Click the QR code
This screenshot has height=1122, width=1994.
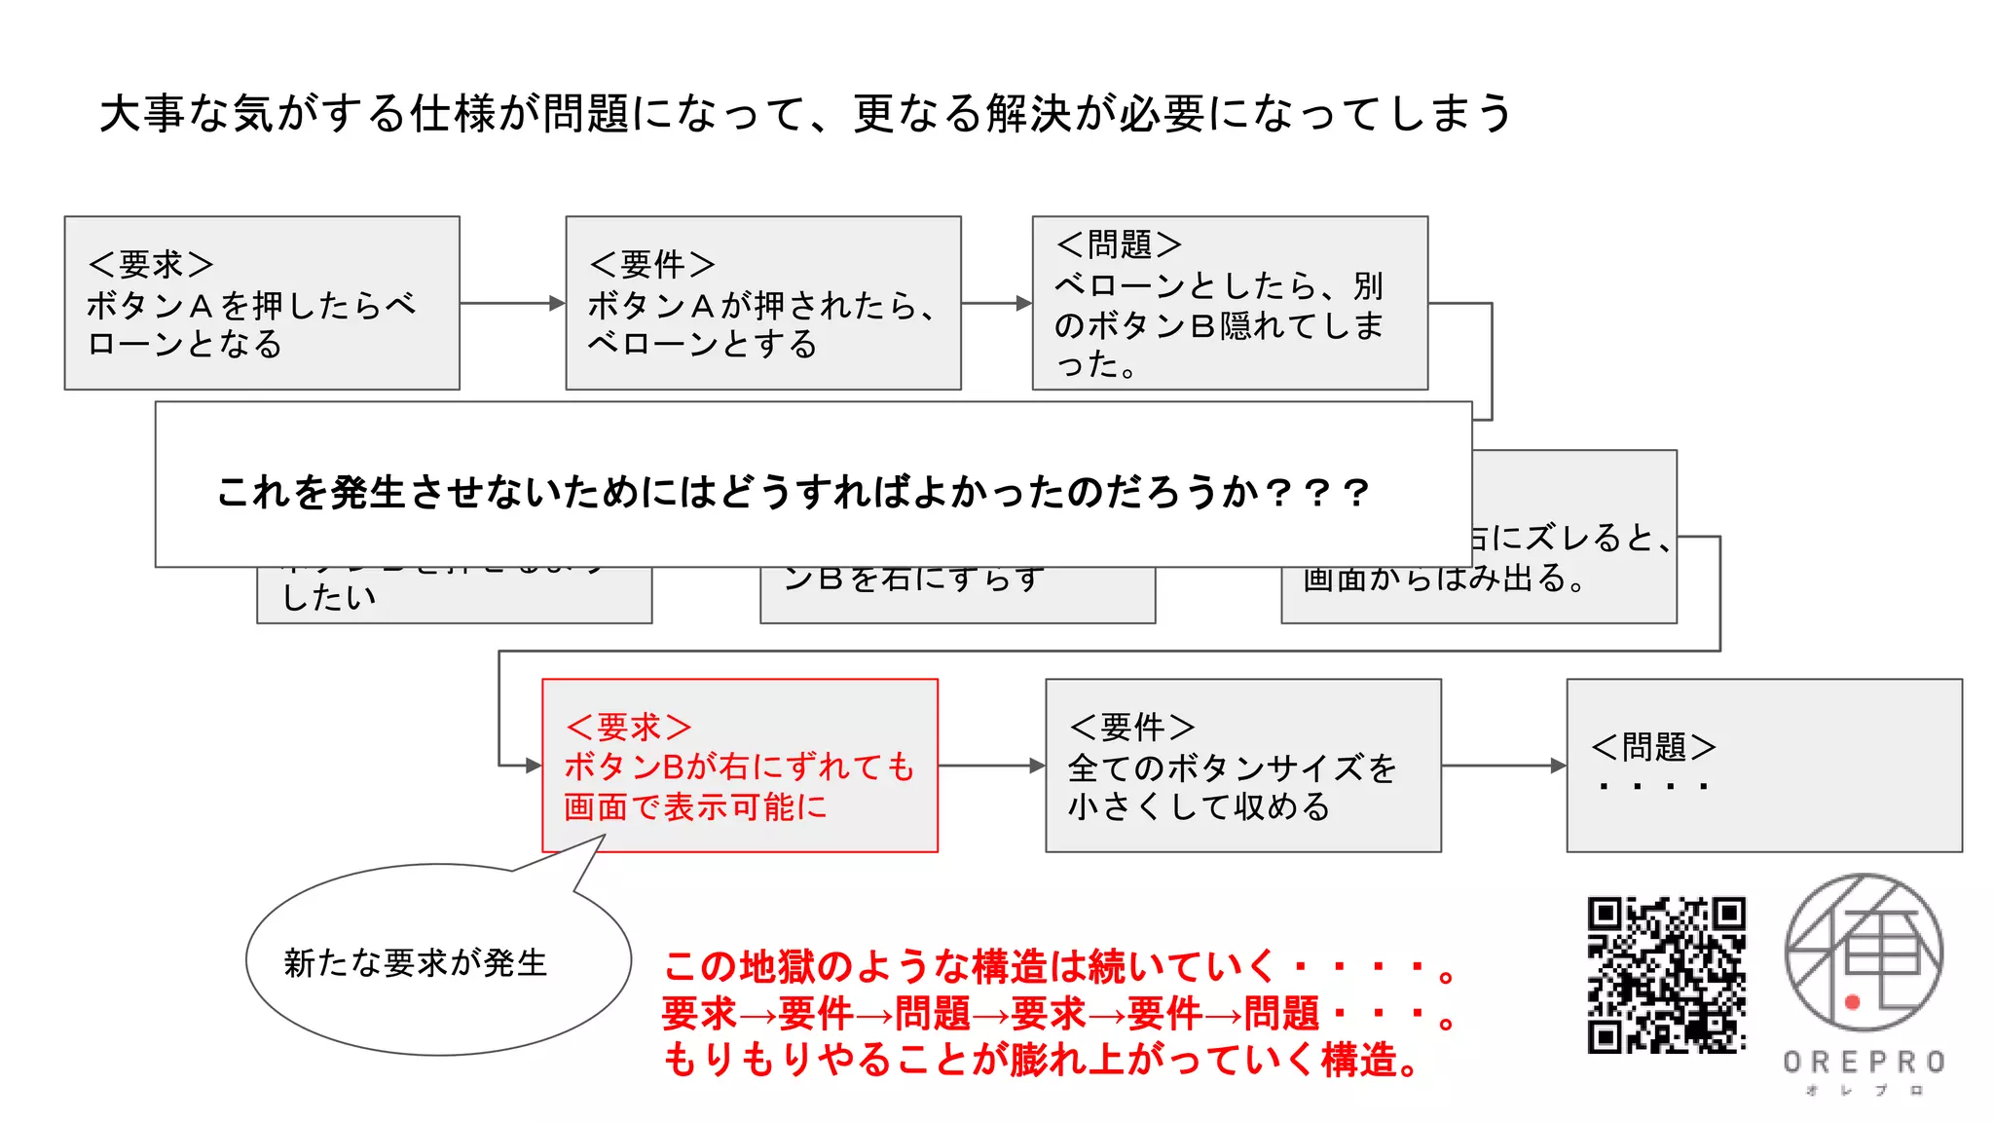pyautogui.click(x=1666, y=974)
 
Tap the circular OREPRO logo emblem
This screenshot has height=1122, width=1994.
pyautogui.click(x=1864, y=952)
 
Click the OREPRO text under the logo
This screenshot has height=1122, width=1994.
pyautogui.click(x=1864, y=1062)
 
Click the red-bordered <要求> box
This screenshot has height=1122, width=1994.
pyautogui.click(x=740, y=766)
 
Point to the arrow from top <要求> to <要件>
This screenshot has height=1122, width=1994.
pyautogui.click(x=512, y=304)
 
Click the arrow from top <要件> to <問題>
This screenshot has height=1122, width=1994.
pyautogui.click(x=996, y=304)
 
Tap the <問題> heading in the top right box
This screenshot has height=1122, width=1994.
pyautogui.click(x=1119, y=244)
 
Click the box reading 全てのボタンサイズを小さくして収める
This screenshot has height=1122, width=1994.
pyautogui.click(x=1242, y=766)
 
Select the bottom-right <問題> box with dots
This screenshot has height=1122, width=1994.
pyautogui.click(x=1763, y=766)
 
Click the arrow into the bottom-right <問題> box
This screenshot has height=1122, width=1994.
pyautogui.click(x=1503, y=766)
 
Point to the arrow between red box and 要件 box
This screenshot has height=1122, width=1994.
pyautogui.click(x=991, y=766)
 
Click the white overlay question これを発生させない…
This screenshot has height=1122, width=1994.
pyautogui.click(x=794, y=492)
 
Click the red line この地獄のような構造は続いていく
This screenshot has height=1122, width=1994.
pyautogui.click(x=1056, y=967)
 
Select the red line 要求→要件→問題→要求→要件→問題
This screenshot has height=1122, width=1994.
pyautogui.click(x=1056, y=1014)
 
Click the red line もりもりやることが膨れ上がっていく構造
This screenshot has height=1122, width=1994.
pyautogui.click(x=1042, y=1060)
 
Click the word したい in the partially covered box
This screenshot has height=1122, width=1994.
pyautogui.click(x=328, y=597)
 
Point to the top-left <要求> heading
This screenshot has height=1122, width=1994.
pyautogui.click(x=151, y=264)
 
